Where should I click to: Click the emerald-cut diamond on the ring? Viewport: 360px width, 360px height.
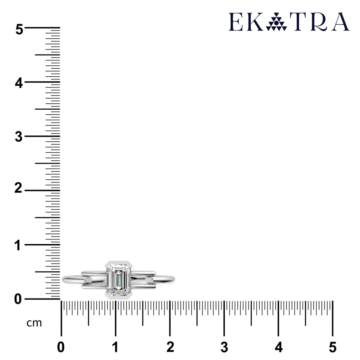pos(118,280)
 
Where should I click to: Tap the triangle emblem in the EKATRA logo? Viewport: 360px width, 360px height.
pos(276,22)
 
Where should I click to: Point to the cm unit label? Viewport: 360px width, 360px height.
pos(34,323)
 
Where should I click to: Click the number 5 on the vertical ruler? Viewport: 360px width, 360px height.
pos(19,30)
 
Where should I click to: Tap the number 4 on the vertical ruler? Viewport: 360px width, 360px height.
pos(19,83)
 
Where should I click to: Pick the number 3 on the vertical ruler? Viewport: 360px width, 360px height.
pos(19,137)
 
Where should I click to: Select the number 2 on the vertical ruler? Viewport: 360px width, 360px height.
pos(18,188)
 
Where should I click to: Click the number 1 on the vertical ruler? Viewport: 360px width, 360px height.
pos(18,245)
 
